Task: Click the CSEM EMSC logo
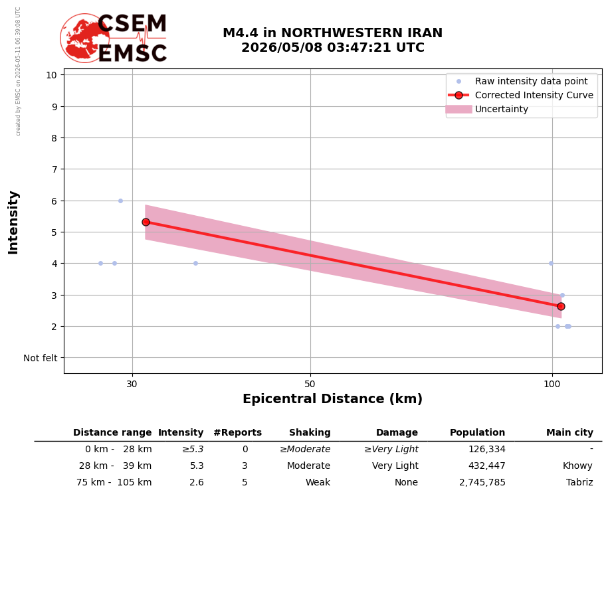pos(114,38)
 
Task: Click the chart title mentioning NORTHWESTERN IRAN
pos(333,40)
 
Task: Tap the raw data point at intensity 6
pos(120,201)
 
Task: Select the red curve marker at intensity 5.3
pos(146,222)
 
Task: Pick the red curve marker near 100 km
pos(561,307)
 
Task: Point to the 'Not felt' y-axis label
pos(41,358)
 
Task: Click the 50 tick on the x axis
pos(310,384)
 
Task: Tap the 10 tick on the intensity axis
pos(52,75)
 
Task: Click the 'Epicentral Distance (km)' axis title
pos(333,398)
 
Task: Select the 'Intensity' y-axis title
pos(13,222)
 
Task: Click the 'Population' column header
pos(477,432)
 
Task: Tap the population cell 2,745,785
pos(482,482)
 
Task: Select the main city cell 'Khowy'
pos(577,466)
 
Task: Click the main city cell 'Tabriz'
pos(579,482)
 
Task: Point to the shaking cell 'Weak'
pos(318,482)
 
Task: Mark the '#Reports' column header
pos(238,432)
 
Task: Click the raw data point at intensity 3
pos(562,296)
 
